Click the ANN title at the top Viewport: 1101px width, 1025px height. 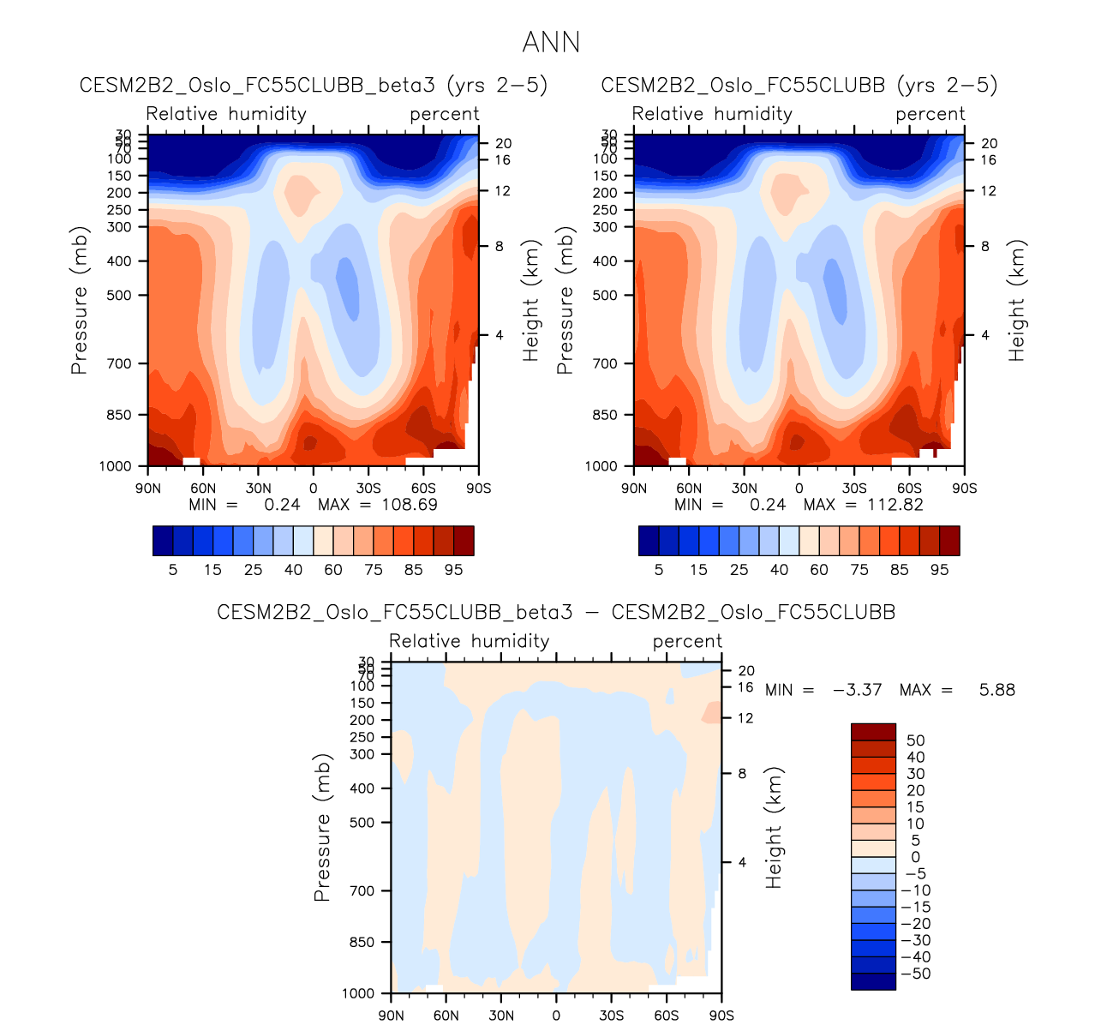[x=551, y=42]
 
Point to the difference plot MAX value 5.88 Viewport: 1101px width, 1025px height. [x=997, y=689]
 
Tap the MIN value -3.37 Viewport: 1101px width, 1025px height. [x=857, y=689]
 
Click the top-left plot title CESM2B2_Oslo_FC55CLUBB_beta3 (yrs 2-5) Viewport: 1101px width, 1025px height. [x=313, y=85]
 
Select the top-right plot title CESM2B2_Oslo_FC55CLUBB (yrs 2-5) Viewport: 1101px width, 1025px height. [x=799, y=85]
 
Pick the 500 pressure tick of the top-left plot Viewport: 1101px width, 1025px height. [x=120, y=296]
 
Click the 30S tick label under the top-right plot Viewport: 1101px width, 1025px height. [x=854, y=488]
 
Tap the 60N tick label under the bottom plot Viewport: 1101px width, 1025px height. [x=446, y=1016]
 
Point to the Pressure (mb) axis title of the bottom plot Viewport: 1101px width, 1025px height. [x=321, y=828]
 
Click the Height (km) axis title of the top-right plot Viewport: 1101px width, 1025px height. [x=1017, y=301]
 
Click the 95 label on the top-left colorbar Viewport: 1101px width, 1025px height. [x=454, y=570]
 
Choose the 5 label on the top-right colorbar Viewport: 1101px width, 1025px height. [x=659, y=570]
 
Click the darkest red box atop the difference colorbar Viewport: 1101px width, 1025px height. [x=873, y=732]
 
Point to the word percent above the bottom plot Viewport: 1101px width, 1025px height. [x=687, y=641]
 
